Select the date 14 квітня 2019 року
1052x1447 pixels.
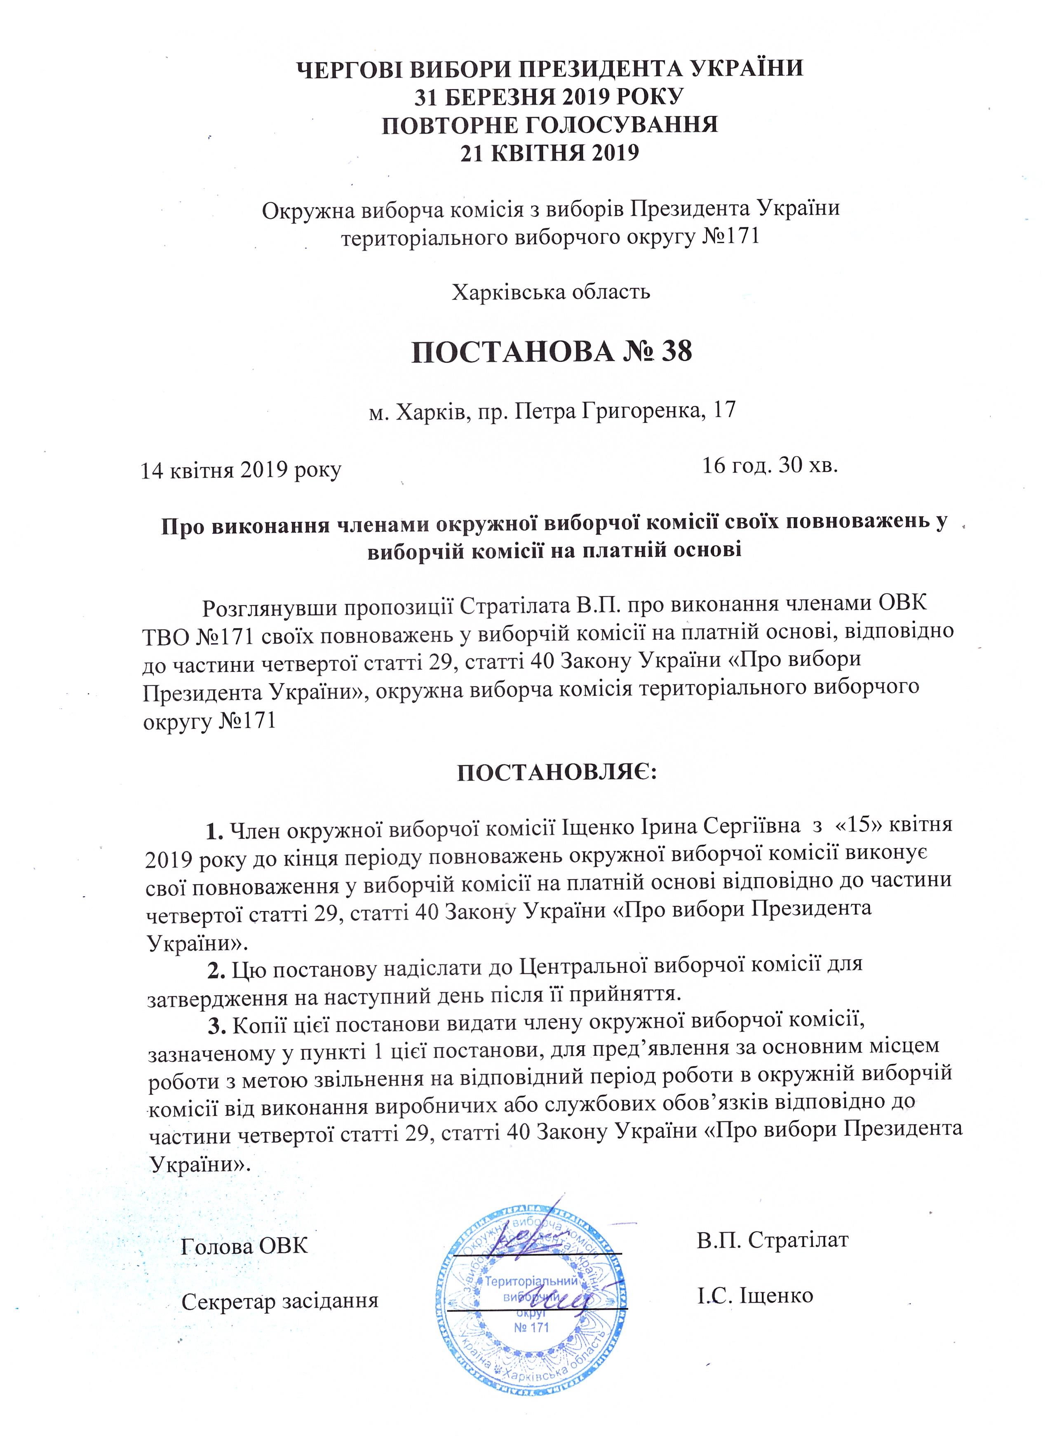(241, 470)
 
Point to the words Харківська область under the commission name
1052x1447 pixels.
(551, 292)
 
